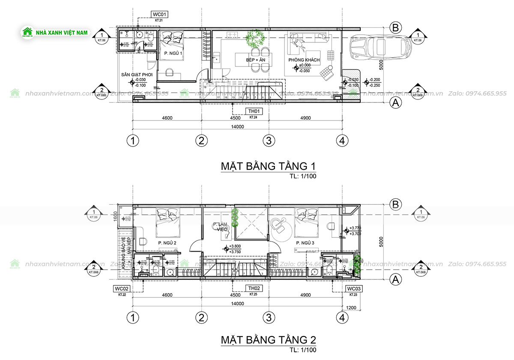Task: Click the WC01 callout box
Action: tap(158, 15)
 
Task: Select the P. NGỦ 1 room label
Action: tap(173, 53)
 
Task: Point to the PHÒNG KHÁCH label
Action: tap(304, 60)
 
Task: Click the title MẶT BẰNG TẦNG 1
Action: tap(268, 166)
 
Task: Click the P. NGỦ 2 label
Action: tap(167, 243)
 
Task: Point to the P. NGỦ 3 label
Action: tap(305, 243)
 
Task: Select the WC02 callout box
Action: tap(122, 288)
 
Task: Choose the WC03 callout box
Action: tap(354, 288)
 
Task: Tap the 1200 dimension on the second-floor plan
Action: tap(351, 308)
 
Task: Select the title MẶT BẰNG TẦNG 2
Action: tap(268, 340)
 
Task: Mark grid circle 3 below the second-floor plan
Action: tap(268, 318)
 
